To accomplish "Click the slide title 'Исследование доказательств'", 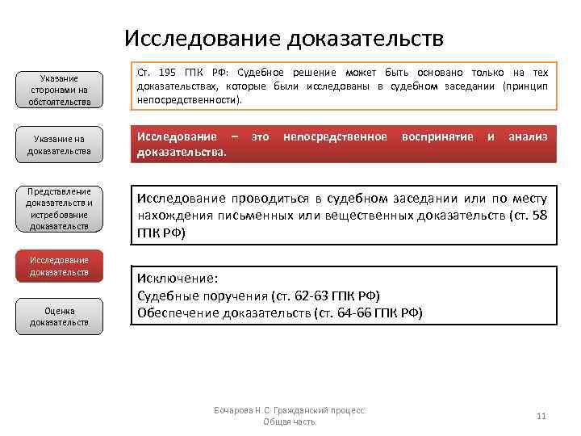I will [284, 38].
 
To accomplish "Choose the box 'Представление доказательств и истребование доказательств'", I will [60, 209].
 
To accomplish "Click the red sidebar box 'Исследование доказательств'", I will [60, 266].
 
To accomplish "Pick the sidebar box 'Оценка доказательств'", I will [60, 316].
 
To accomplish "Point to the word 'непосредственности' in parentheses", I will [189, 101].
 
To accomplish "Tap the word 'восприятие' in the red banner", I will [437, 136].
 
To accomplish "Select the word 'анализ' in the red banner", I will [527, 136].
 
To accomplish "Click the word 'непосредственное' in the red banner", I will [335, 136].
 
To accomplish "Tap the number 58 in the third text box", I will [540, 216].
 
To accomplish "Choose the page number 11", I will [541, 416].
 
